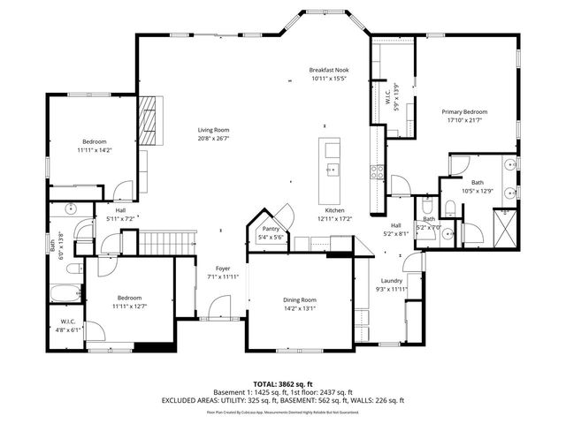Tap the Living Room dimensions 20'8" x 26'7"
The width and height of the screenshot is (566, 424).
tap(212, 139)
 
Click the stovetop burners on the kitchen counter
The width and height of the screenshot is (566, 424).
tap(378, 169)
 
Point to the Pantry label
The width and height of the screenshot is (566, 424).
tap(270, 229)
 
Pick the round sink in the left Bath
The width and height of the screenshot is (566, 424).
tap(72, 209)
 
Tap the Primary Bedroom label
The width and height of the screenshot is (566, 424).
tap(464, 112)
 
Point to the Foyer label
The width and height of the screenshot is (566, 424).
tap(223, 269)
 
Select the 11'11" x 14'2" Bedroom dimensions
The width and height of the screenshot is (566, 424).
tap(95, 150)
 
